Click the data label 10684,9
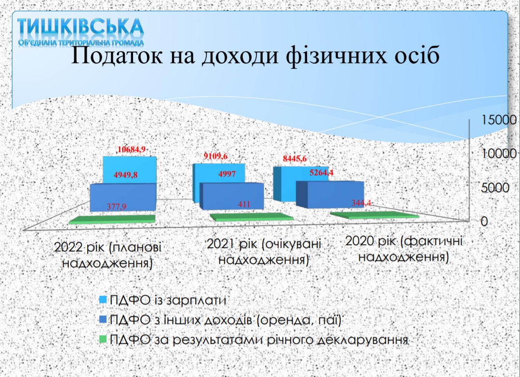click(x=132, y=149)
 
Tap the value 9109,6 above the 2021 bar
click(x=215, y=156)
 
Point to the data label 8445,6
click(x=294, y=159)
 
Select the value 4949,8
click(x=126, y=175)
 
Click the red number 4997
click(x=227, y=174)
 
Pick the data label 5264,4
click(x=321, y=172)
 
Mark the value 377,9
click(x=117, y=207)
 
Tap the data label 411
click(x=244, y=204)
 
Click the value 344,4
click(x=361, y=202)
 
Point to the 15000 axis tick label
click(x=499, y=119)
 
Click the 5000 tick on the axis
click(x=495, y=188)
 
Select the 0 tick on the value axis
click(x=484, y=221)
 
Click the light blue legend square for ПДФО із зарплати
click(x=103, y=299)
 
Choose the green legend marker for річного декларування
click(x=103, y=339)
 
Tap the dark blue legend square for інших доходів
click(x=103, y=319)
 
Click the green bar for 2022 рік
click(x=112, y=219)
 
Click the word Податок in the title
click(x=117, y=55)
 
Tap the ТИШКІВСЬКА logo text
click(x=80, y=26)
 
